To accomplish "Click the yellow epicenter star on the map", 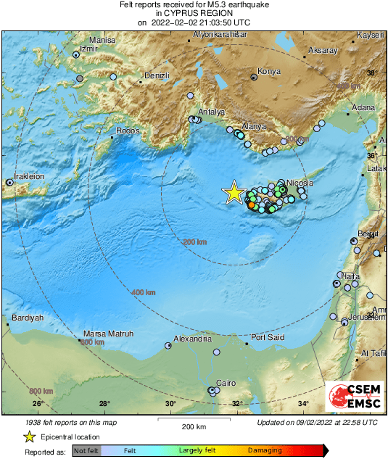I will (x=234, y=192).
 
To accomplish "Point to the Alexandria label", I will (x=197, y=339).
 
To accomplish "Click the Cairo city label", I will (x=227, y=383).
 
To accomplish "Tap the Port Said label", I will (x=267, y=337).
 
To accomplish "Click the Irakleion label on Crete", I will (x=26, y=176).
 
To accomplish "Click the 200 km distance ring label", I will (x=194, y=241).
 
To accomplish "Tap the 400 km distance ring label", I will (x=143, y=292).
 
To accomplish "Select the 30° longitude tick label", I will (x=170, y=404).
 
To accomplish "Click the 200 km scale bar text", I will (x=194, y=426).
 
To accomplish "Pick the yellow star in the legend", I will (x=30, y=437).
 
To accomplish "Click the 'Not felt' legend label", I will (x=86, y=451).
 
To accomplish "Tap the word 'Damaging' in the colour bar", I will (x=265, y=451).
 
